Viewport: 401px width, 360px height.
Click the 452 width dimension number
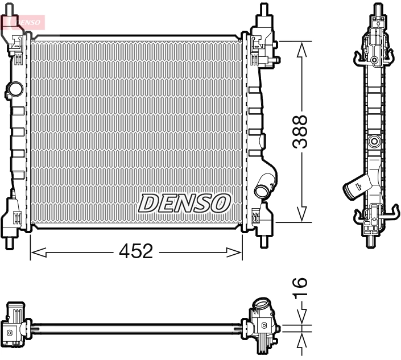137,251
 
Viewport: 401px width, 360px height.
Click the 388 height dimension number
300,132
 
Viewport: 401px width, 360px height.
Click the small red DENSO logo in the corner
23,22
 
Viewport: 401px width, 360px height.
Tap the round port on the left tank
14,89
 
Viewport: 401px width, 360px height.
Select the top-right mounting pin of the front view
263,10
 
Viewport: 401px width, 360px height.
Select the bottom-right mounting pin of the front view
263,239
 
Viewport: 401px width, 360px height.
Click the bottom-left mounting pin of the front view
10,239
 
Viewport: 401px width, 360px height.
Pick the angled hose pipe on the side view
355,186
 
